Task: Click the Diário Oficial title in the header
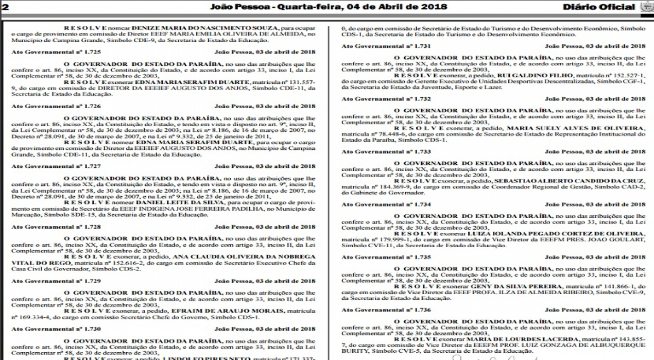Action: click(x=598, y=7)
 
